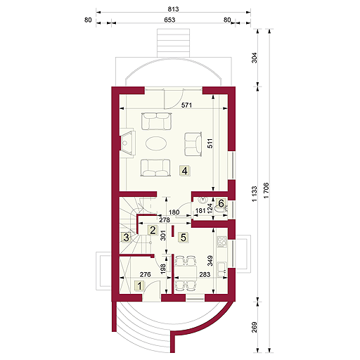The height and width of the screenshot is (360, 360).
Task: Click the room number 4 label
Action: (x=184, y=170)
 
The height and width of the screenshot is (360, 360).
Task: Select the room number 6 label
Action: (x=221, y=204)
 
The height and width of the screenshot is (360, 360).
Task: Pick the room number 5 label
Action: (x=183, y=238)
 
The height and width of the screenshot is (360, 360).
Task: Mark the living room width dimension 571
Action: (x=187, y=105)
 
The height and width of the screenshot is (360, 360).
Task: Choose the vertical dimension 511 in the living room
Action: (x=210, y=143)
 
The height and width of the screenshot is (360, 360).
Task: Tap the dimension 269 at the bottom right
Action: (x=255, y=327)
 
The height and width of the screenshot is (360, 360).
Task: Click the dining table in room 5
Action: (x=187, y=272)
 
